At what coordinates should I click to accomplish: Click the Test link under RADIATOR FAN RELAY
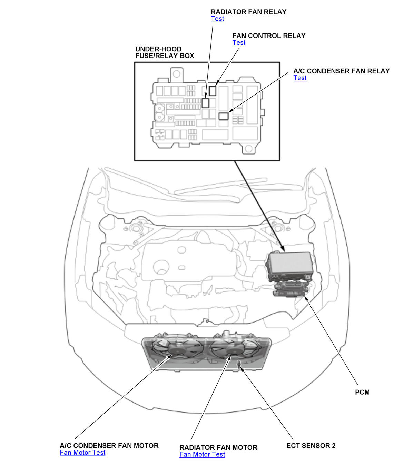click(x=217, y=19)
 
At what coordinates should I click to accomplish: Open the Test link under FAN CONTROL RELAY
click(x=239, y=43)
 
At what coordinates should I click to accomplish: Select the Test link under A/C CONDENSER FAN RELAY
click(x=300, y=78)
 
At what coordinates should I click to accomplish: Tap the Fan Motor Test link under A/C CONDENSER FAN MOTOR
click(x=82, y=453)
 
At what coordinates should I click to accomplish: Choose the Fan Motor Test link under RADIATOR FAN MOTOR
click(x=202, y=455)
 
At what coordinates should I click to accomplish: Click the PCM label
click(x=362, y=392)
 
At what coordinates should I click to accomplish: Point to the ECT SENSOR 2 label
click(x=311, y=446)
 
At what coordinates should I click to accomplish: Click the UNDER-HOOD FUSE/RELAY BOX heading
click(x=164, y=52)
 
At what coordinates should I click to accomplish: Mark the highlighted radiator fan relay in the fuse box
click(x=206, y=103)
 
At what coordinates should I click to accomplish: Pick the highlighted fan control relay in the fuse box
click(x=213, y=91)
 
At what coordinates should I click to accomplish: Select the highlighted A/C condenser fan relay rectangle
click(x=224, y=116)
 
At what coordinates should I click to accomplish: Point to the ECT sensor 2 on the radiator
click(x=238, y=364)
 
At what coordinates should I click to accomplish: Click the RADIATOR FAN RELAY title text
click(x=248, y=12)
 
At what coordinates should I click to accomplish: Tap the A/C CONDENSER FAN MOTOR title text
click(x=109, y=446)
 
